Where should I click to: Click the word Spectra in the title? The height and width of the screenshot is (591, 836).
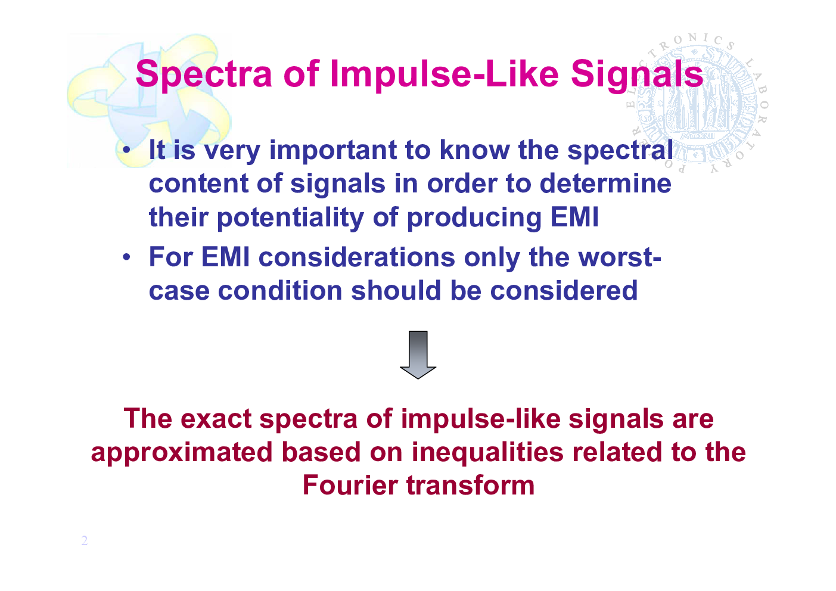click(x=204, y=74)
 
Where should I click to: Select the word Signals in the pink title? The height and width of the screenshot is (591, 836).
click(x=637, y=74)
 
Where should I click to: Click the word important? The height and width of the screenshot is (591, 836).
click(x=333, y=150)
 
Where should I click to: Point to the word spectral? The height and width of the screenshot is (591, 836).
click(x=620, y=150)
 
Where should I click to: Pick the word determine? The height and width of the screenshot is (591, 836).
click(x=605, y=183)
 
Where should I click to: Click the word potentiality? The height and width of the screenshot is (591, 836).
click(x=290, y=217)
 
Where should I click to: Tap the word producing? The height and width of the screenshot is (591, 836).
click(x=474, y=217)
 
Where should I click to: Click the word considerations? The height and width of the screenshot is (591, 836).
click(x=357, y=257)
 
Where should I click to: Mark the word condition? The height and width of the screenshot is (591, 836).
click(x=280, y=291)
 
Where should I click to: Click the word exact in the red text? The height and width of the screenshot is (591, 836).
click(x=216, y=419)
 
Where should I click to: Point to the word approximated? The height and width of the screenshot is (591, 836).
click(x=182, y=452)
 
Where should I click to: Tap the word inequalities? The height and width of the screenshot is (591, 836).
click(x=487, y=452)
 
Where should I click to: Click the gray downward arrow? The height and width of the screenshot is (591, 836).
click(x=418, y=355)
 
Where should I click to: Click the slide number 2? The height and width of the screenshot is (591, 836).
click(x=85, y=540)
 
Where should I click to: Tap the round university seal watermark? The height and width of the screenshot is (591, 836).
click(x=697, y=104)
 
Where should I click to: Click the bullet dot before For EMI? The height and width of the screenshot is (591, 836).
click(x=127, y=257)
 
